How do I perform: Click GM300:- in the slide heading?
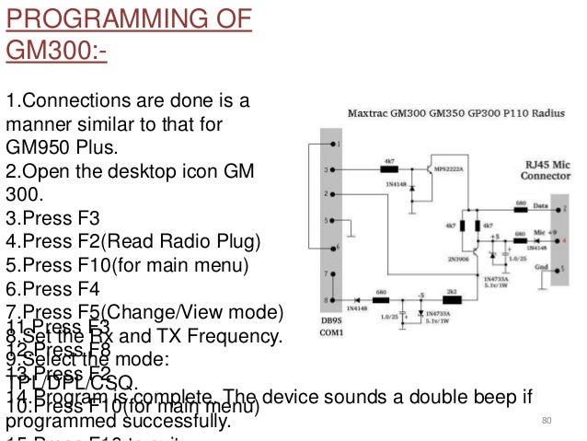[56, 48]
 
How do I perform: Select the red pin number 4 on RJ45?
[575, 237]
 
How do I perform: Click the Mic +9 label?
[546, 233]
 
